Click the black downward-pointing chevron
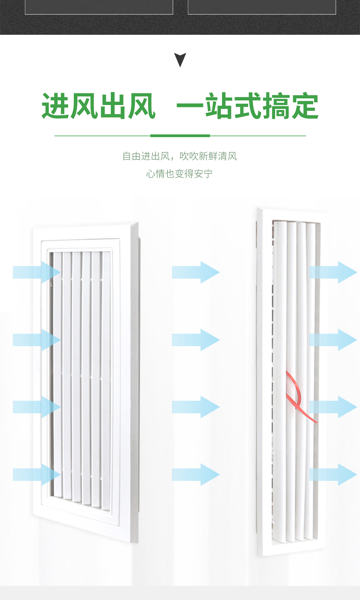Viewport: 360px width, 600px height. point(180,59)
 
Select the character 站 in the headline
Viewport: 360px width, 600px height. point(219,106)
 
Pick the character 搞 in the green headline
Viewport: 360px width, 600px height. point(276,106)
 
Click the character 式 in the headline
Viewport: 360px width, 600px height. point(247,106)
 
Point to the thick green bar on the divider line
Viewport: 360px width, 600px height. point(180,136)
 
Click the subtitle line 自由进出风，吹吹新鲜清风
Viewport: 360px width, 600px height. point(179,156)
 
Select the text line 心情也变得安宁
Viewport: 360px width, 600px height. point(179,174)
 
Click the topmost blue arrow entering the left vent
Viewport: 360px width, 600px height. point(37,272)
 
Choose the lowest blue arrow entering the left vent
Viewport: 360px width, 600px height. point(37,475)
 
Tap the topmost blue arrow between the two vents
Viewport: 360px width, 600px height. point(196,272)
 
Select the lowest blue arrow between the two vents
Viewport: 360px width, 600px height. point(196,475)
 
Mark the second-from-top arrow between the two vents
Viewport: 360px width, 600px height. point(196,340)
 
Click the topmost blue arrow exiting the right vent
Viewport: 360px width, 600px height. point(333,272)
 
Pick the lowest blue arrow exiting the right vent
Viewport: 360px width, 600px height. point(333,475)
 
